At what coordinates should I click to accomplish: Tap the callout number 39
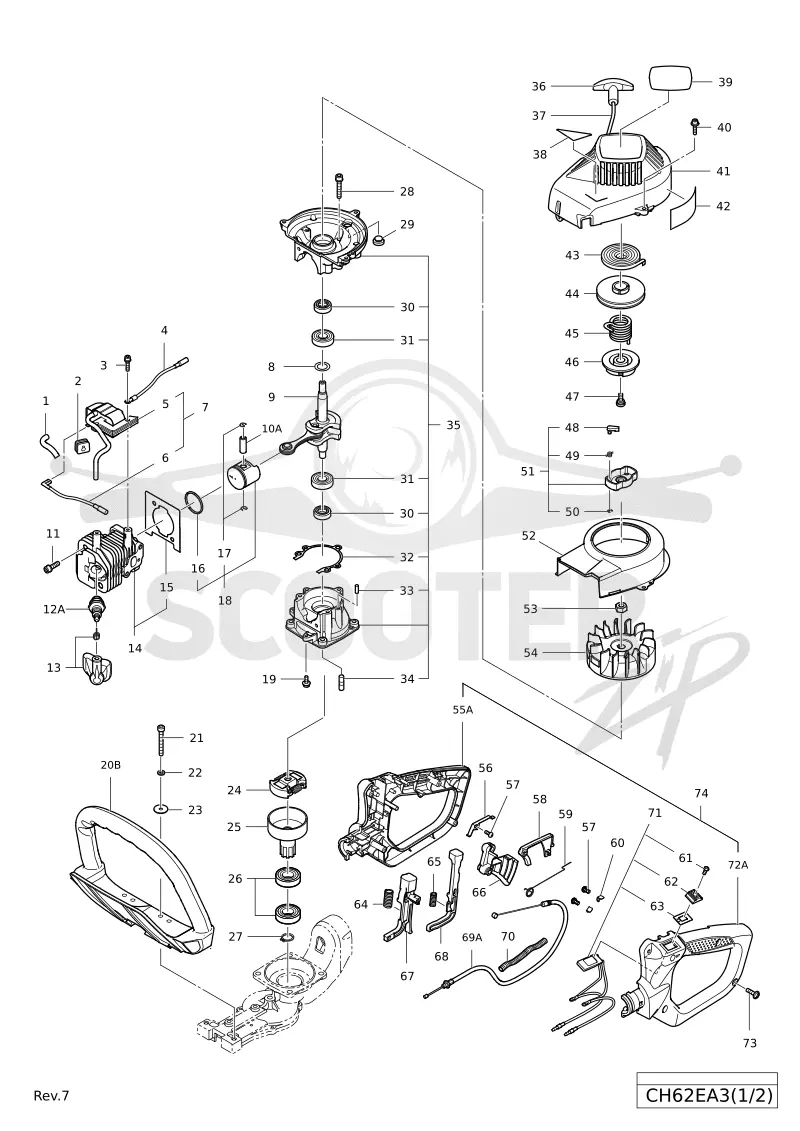(725, 82)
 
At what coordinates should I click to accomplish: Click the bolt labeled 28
(339, 185)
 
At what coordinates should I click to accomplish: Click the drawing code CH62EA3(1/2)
(708, 1096)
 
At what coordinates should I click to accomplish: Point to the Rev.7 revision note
(51, 1096)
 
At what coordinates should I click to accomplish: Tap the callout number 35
(453, 425)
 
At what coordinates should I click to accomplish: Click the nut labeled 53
(619, 607)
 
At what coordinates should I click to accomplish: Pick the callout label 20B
(110, 765)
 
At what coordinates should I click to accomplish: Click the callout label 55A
(462, 710)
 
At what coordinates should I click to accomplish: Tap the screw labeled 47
(620, 397)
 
